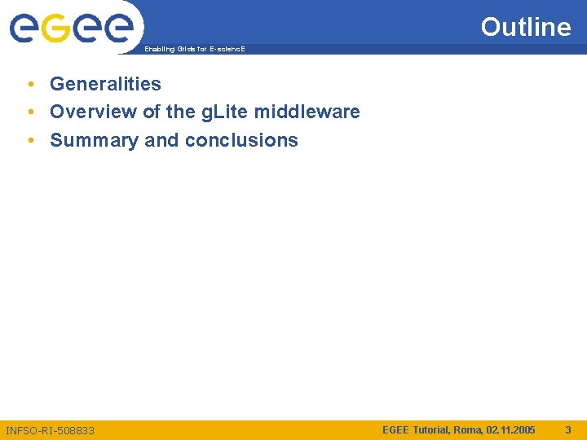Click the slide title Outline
pyautogui.click(x=526, y=27)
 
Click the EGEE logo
pyautogui.click(x=72, y=29)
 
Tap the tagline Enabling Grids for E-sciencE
pyautogui.click(x=194, y=50)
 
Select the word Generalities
pyautogui.click(x=105, y=83)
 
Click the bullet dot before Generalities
pyautogui.click(x=29, y=83)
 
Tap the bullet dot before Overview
pyautogui.click(x=29, y=112)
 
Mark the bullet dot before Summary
pyautogui.click(x=29, y=140)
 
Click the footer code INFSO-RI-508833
pyautogui.click(x=50, y=429)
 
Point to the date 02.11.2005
pyautogui.click(x=511, y=429)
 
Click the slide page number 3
pyautogui.click(x=568, y=429)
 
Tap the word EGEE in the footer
pyautogui.click(x=396, y=429)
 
